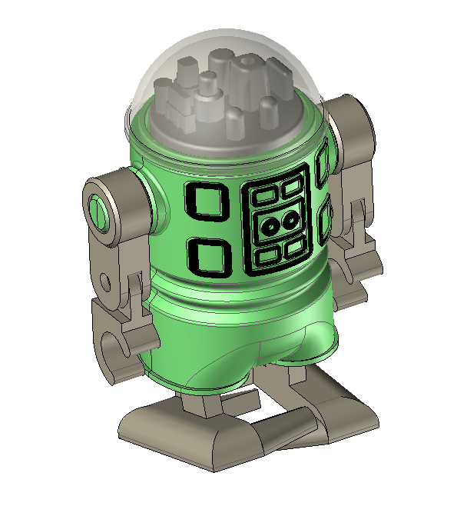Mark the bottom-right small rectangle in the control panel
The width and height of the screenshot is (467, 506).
[x=294, y=248]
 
